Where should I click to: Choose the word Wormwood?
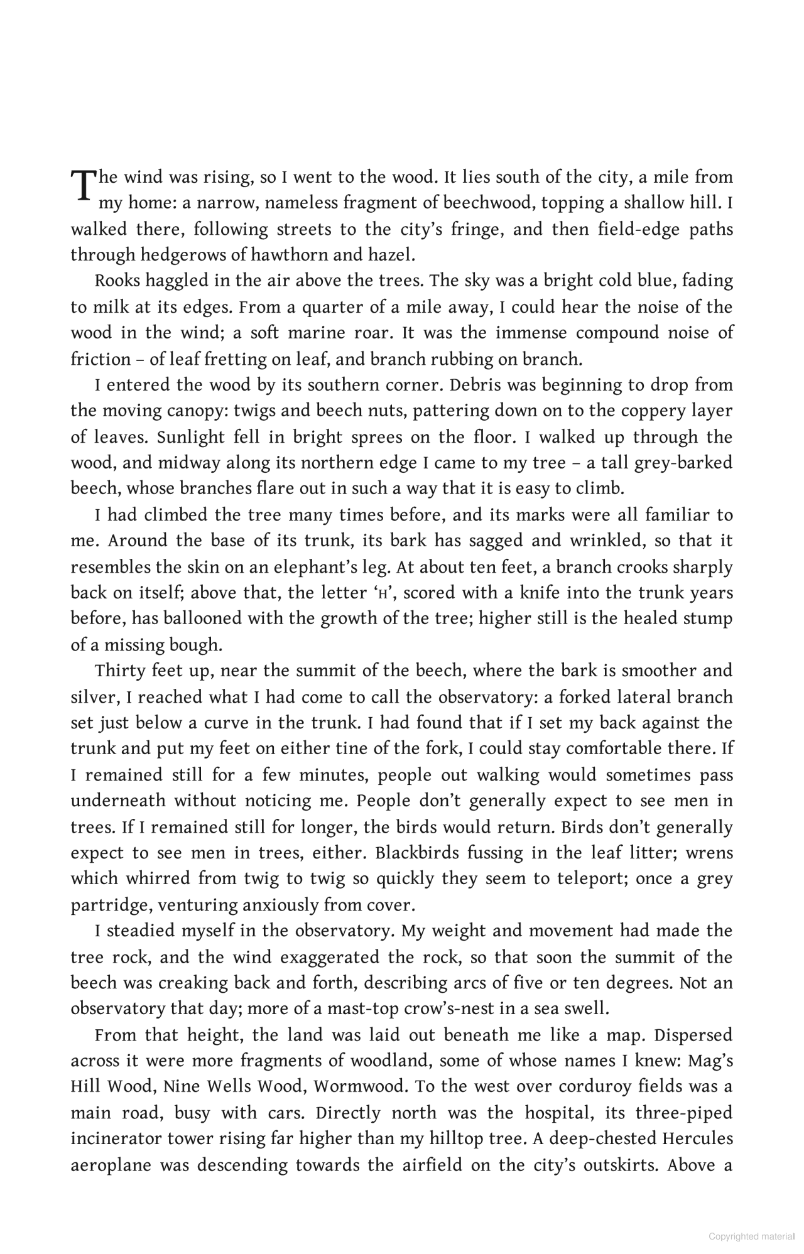[x=361, y=1087]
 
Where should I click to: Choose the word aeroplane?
[x=111, y=1165]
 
